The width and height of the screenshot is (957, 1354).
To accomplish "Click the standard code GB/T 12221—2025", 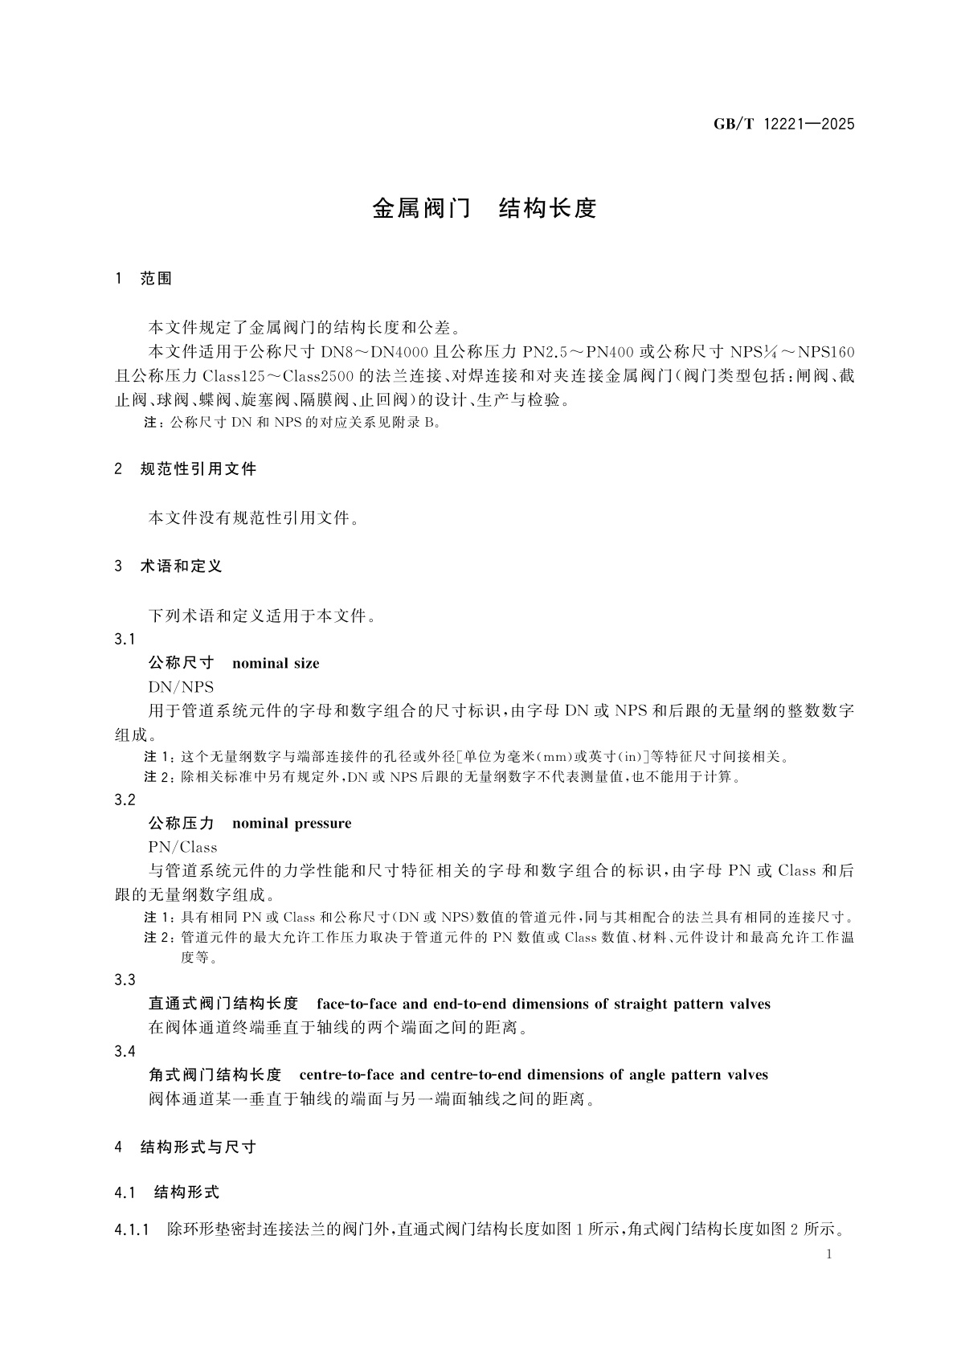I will click(783, 124).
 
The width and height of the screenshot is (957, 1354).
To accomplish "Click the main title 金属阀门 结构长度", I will click(484, 209).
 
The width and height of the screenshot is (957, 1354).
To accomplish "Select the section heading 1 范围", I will click(145, 278).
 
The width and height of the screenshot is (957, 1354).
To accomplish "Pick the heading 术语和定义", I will click(181, 566).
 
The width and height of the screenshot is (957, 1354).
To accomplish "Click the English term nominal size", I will click(275, 663).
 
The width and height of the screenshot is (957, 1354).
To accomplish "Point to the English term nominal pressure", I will click(291, 823).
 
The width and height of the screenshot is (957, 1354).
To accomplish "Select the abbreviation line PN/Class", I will click(182, 846).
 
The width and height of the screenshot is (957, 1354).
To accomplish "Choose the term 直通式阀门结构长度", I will click(223, 1004).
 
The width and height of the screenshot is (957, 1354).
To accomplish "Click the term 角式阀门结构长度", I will click(215, 1074).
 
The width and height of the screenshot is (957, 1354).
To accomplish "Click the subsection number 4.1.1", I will click(133, 1229).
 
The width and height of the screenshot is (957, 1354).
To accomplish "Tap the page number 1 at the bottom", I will click(830, 1254).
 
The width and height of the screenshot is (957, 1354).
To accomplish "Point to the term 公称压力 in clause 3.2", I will click(182, 823).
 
